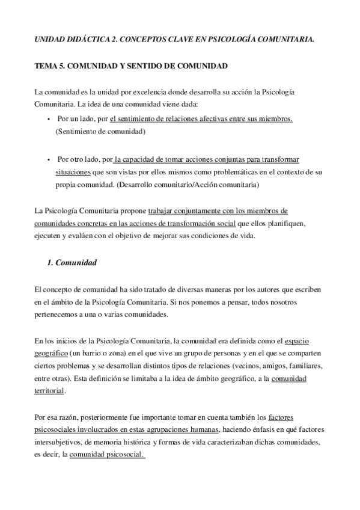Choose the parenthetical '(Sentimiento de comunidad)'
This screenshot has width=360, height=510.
(100, 131)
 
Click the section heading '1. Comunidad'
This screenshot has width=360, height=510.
(72, 263)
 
